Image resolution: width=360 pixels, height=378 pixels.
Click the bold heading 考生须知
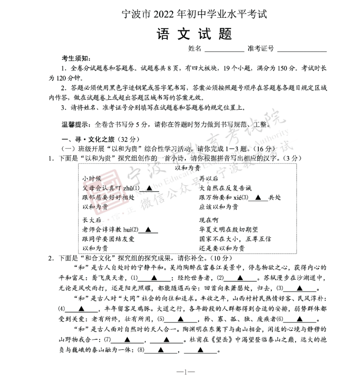[x=76, y=59]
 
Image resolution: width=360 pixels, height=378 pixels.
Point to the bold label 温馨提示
[x=77, y=124]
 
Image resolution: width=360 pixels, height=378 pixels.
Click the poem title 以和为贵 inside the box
[x=188, y=168]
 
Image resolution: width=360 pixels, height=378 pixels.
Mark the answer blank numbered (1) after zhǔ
[x=149, y=188]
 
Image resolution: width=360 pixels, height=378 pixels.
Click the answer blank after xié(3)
[x=259, y=198]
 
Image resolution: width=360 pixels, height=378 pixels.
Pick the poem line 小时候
[x=92, y=178]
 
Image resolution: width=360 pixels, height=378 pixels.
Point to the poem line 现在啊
[x=209, y=220]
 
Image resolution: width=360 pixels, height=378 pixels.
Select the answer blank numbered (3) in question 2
[x=300, y=288]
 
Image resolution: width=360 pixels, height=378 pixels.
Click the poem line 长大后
[x=92, y=220]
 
